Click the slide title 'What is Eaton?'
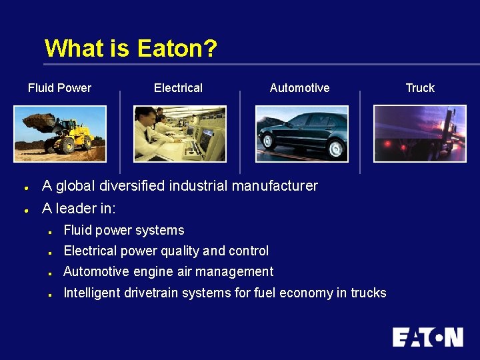(131, 49)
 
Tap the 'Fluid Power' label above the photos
(59, 88)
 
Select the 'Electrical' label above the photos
(178, 88)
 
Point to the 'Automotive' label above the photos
(299, 88)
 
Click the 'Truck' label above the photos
(420, 88)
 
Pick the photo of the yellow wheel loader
(60, 133)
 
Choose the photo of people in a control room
(180, 133)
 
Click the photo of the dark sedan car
(302, 133)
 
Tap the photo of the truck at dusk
(420, 133)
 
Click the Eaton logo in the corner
(427, 337)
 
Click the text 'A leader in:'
(79, 209)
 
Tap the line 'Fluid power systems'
(123, 231)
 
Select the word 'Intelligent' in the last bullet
(91, 293)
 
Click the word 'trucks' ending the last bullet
(369, 293)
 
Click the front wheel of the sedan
(269, 141)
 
